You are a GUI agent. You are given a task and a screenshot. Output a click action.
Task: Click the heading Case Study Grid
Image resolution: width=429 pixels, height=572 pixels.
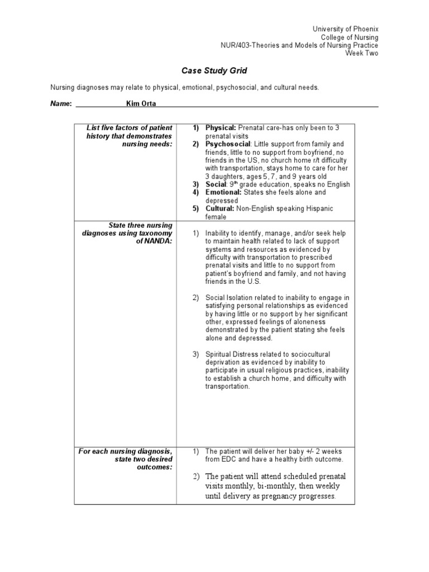[214, 71]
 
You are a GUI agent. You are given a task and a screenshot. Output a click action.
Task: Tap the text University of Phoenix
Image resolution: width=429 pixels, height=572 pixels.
[345, 29]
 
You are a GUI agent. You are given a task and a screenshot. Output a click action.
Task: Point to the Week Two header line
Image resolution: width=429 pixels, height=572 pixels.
[361, 53]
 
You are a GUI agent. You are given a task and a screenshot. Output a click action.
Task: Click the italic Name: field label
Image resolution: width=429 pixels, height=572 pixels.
[61, 103]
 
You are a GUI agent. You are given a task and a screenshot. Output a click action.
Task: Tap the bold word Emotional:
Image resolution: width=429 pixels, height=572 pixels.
[223, 192]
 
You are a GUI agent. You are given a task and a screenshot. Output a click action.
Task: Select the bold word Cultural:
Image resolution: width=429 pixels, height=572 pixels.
[220, 208]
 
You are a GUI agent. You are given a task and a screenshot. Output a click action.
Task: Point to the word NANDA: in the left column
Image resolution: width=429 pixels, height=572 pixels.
[158, 241]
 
